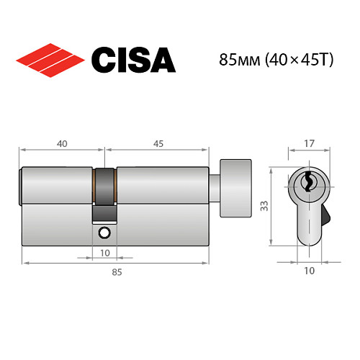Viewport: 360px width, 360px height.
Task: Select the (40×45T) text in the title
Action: [x=291, y=60]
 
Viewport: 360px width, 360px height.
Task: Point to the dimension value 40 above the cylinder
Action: [x=62, y=143]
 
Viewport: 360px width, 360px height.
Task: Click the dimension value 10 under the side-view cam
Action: [x=104, y=252]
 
